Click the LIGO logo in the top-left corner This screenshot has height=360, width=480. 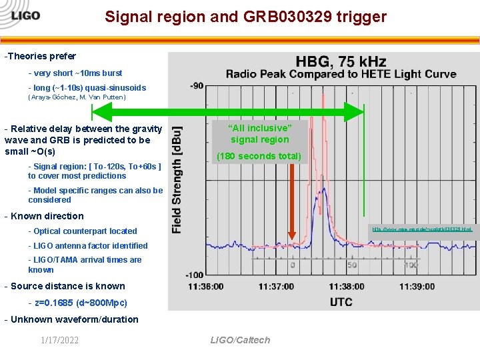pos(21,15)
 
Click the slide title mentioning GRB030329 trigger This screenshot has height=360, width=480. pos(245,17)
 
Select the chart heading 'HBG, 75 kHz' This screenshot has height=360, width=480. pos(341,61)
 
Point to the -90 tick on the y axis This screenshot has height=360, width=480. pos(196,85)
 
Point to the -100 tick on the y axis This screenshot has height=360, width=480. pos(194,274)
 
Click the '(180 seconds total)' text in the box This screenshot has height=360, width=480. pos(259,157)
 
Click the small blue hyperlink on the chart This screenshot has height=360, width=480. pos(421,229)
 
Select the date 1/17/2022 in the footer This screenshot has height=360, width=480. pos(59,341)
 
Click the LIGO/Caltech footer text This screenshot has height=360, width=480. pos(240,340)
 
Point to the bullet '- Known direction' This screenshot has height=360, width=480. pos(44,216)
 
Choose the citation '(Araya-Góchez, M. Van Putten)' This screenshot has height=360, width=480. pos(77,97)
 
